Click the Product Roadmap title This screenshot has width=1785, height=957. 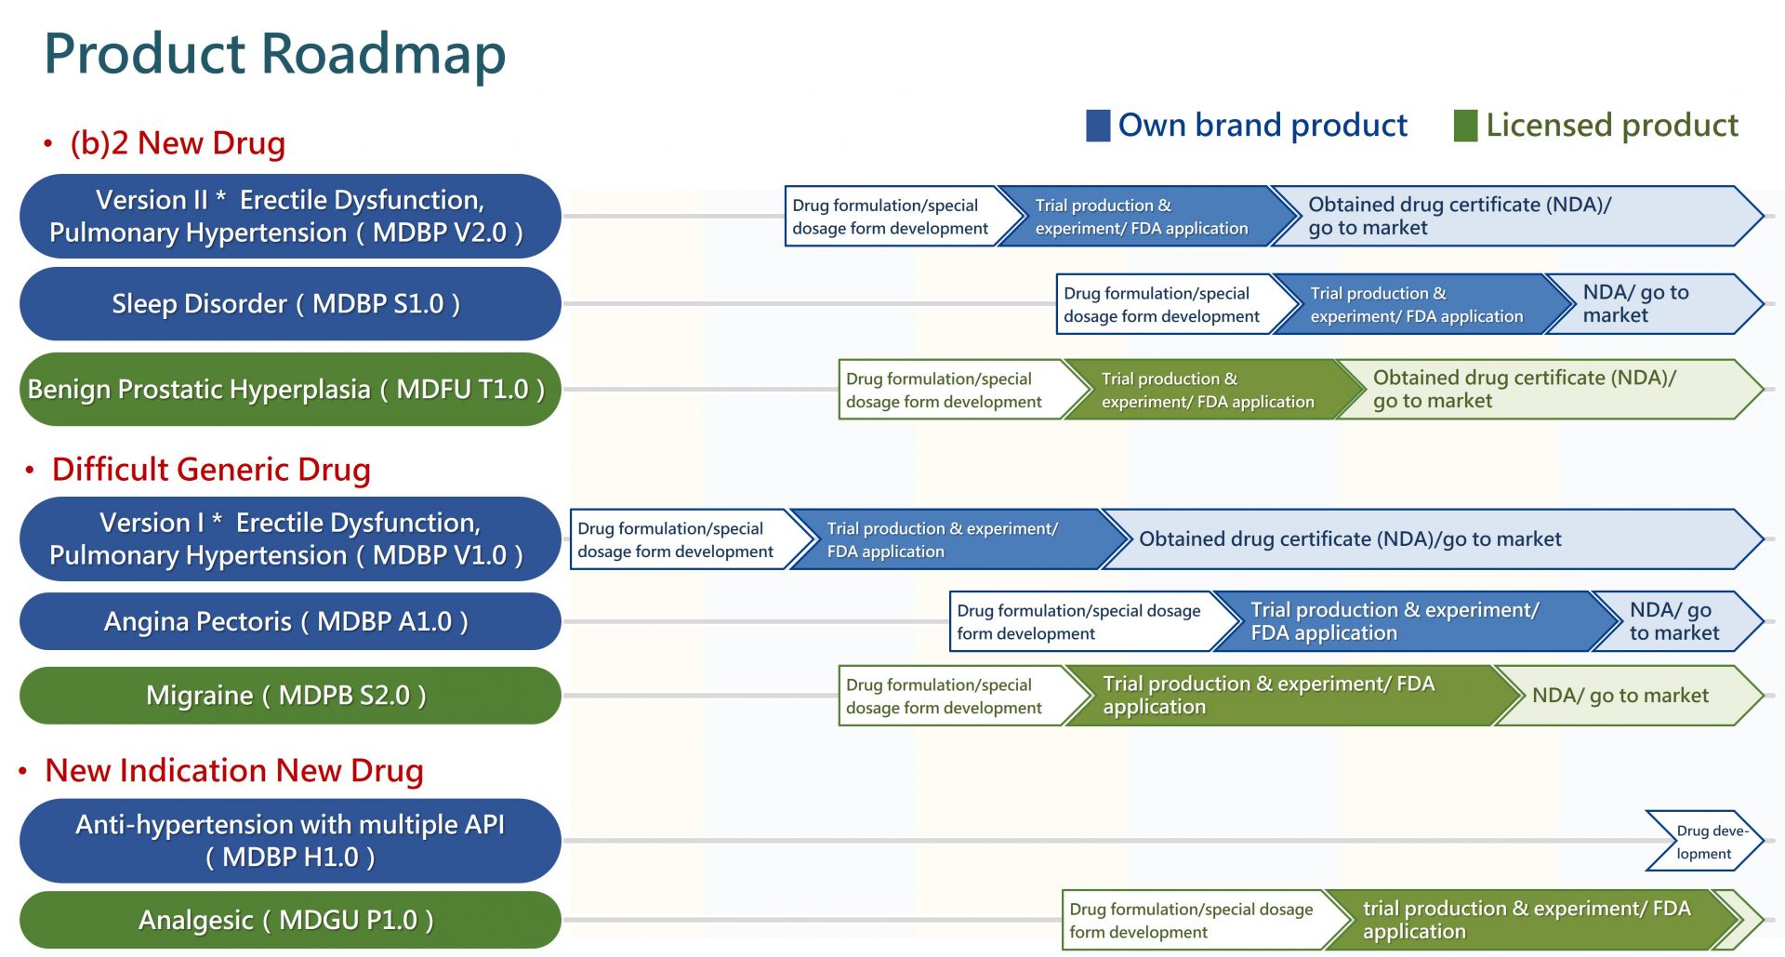pos(275,54)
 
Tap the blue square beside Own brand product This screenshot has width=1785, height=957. pos(1098,126)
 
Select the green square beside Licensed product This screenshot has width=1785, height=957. pos(1465,126)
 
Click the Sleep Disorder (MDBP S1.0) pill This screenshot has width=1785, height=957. pos(290,303)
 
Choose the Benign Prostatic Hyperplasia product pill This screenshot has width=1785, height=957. pos(290,389)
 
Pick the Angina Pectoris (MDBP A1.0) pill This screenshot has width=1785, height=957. pos(290,621)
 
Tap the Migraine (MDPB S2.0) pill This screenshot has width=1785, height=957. pos(290,696)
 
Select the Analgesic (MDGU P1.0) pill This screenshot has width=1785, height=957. pos(290,920)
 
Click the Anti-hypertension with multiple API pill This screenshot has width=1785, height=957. pos(290,841)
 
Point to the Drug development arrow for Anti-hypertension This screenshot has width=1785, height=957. pos(1705,841)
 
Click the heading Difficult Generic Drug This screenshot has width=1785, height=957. pos(211,470)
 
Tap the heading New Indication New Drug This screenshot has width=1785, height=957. pos(234,771)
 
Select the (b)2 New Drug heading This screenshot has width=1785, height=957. pos(178,143)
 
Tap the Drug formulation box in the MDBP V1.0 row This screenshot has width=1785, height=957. pos(679,539)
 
